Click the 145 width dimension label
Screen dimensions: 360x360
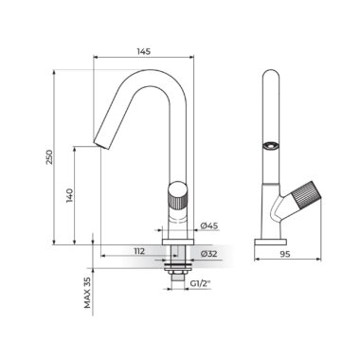point(143,51)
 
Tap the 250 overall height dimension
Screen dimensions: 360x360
point(49,157)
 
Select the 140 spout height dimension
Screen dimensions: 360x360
point(70,196)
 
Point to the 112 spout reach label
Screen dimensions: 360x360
point(139,251)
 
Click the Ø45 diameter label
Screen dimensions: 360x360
point(209,225)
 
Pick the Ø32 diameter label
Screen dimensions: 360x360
point(209,253)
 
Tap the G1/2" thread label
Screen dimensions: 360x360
point(200,283)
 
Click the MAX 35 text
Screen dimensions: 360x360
point(87,293)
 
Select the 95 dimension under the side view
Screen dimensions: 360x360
point(285,254)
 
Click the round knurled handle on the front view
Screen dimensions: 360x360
point(177,195)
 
